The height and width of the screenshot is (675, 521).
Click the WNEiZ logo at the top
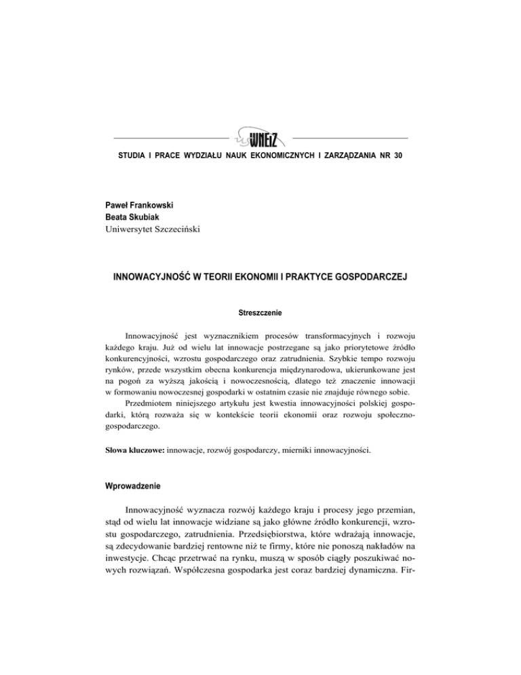pyautogui.click(x=259, y=139)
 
